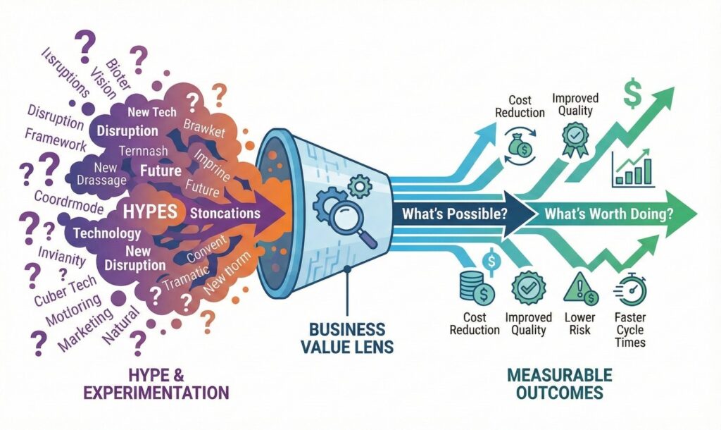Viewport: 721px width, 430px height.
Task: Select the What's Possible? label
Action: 454,213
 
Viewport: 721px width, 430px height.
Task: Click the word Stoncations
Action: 225,212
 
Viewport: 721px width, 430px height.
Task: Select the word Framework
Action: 56,140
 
